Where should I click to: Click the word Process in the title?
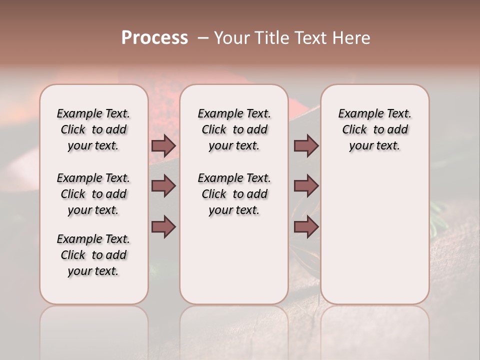[154, 38]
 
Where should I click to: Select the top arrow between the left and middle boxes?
[163, 146]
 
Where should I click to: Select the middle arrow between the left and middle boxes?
[163, 186]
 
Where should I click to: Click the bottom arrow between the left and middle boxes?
[163, 227]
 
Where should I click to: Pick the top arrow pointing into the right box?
[306, 146]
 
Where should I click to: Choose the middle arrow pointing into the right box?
[306, 186]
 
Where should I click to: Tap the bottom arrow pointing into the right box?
[306, 227]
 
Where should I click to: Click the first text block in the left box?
[93, 129]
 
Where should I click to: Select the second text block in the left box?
[93, 194]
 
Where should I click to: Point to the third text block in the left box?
[93, 255]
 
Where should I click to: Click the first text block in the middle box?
[234, 129]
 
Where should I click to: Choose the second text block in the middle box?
[234, 194]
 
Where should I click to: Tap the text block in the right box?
[374, 129]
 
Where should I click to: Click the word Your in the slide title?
[229, 38]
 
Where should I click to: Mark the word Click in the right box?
[354, 130]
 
